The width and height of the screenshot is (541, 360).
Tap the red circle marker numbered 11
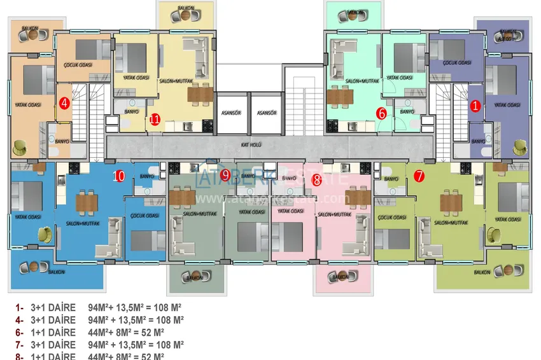(x=155, y=119)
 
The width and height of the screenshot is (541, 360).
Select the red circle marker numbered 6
(x=382, y=114)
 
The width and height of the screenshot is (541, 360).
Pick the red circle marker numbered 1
(x=475, y=106)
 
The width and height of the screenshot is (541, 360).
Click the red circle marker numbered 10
(x=118, y=176)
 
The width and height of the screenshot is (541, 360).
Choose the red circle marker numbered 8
(x=317, y=179)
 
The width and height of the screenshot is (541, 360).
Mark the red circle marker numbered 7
(x=419, y=176)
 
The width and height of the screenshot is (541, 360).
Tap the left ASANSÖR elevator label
(x=230, y=113)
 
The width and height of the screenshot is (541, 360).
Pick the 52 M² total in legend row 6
(x=153, y=332)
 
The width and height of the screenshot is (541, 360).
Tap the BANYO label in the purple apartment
(x=479, y=141)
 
